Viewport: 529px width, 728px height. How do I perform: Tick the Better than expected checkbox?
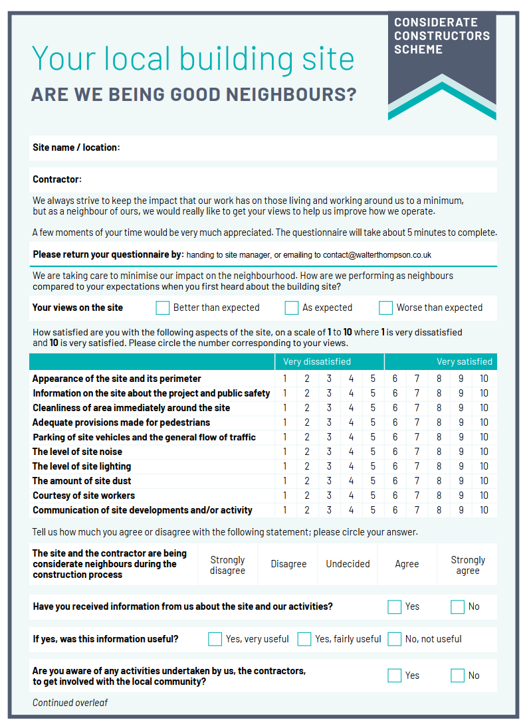click(x=162, y=308)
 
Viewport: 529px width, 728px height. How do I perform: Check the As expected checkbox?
click(x=292, y=308)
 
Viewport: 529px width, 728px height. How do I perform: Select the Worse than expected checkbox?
click(x=385, y=308)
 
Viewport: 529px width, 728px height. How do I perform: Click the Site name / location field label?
click(x=76, y=147)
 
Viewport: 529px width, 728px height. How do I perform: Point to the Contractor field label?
click(x=57, y=179)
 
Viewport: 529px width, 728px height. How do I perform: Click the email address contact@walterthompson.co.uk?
click(x=377, y=255)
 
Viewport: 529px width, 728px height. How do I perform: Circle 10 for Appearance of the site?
click(x=484, y=379)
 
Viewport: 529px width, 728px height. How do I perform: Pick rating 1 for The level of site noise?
click(x=285, y=452)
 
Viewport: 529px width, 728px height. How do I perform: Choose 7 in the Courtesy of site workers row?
click(x=417, y=496)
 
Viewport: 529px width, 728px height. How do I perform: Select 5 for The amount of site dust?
click(x=373, y=481)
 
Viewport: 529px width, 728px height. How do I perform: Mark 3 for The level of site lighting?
click(x=329, y=466)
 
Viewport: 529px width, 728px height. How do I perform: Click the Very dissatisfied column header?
click(x=317, y=362)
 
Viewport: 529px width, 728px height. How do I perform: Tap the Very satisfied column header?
click(x=465, y=362)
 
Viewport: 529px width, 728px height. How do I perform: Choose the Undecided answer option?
click(x=348, y=564)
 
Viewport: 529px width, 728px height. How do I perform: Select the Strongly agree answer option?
click(x=468, y=565)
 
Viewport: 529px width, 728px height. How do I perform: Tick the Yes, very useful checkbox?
click(x=215, y=639)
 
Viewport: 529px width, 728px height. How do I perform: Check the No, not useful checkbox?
click(x=394, y=639)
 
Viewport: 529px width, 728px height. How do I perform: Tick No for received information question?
click(x=457, y=606)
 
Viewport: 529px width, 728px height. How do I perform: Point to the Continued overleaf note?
click(x=70, y=703)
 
